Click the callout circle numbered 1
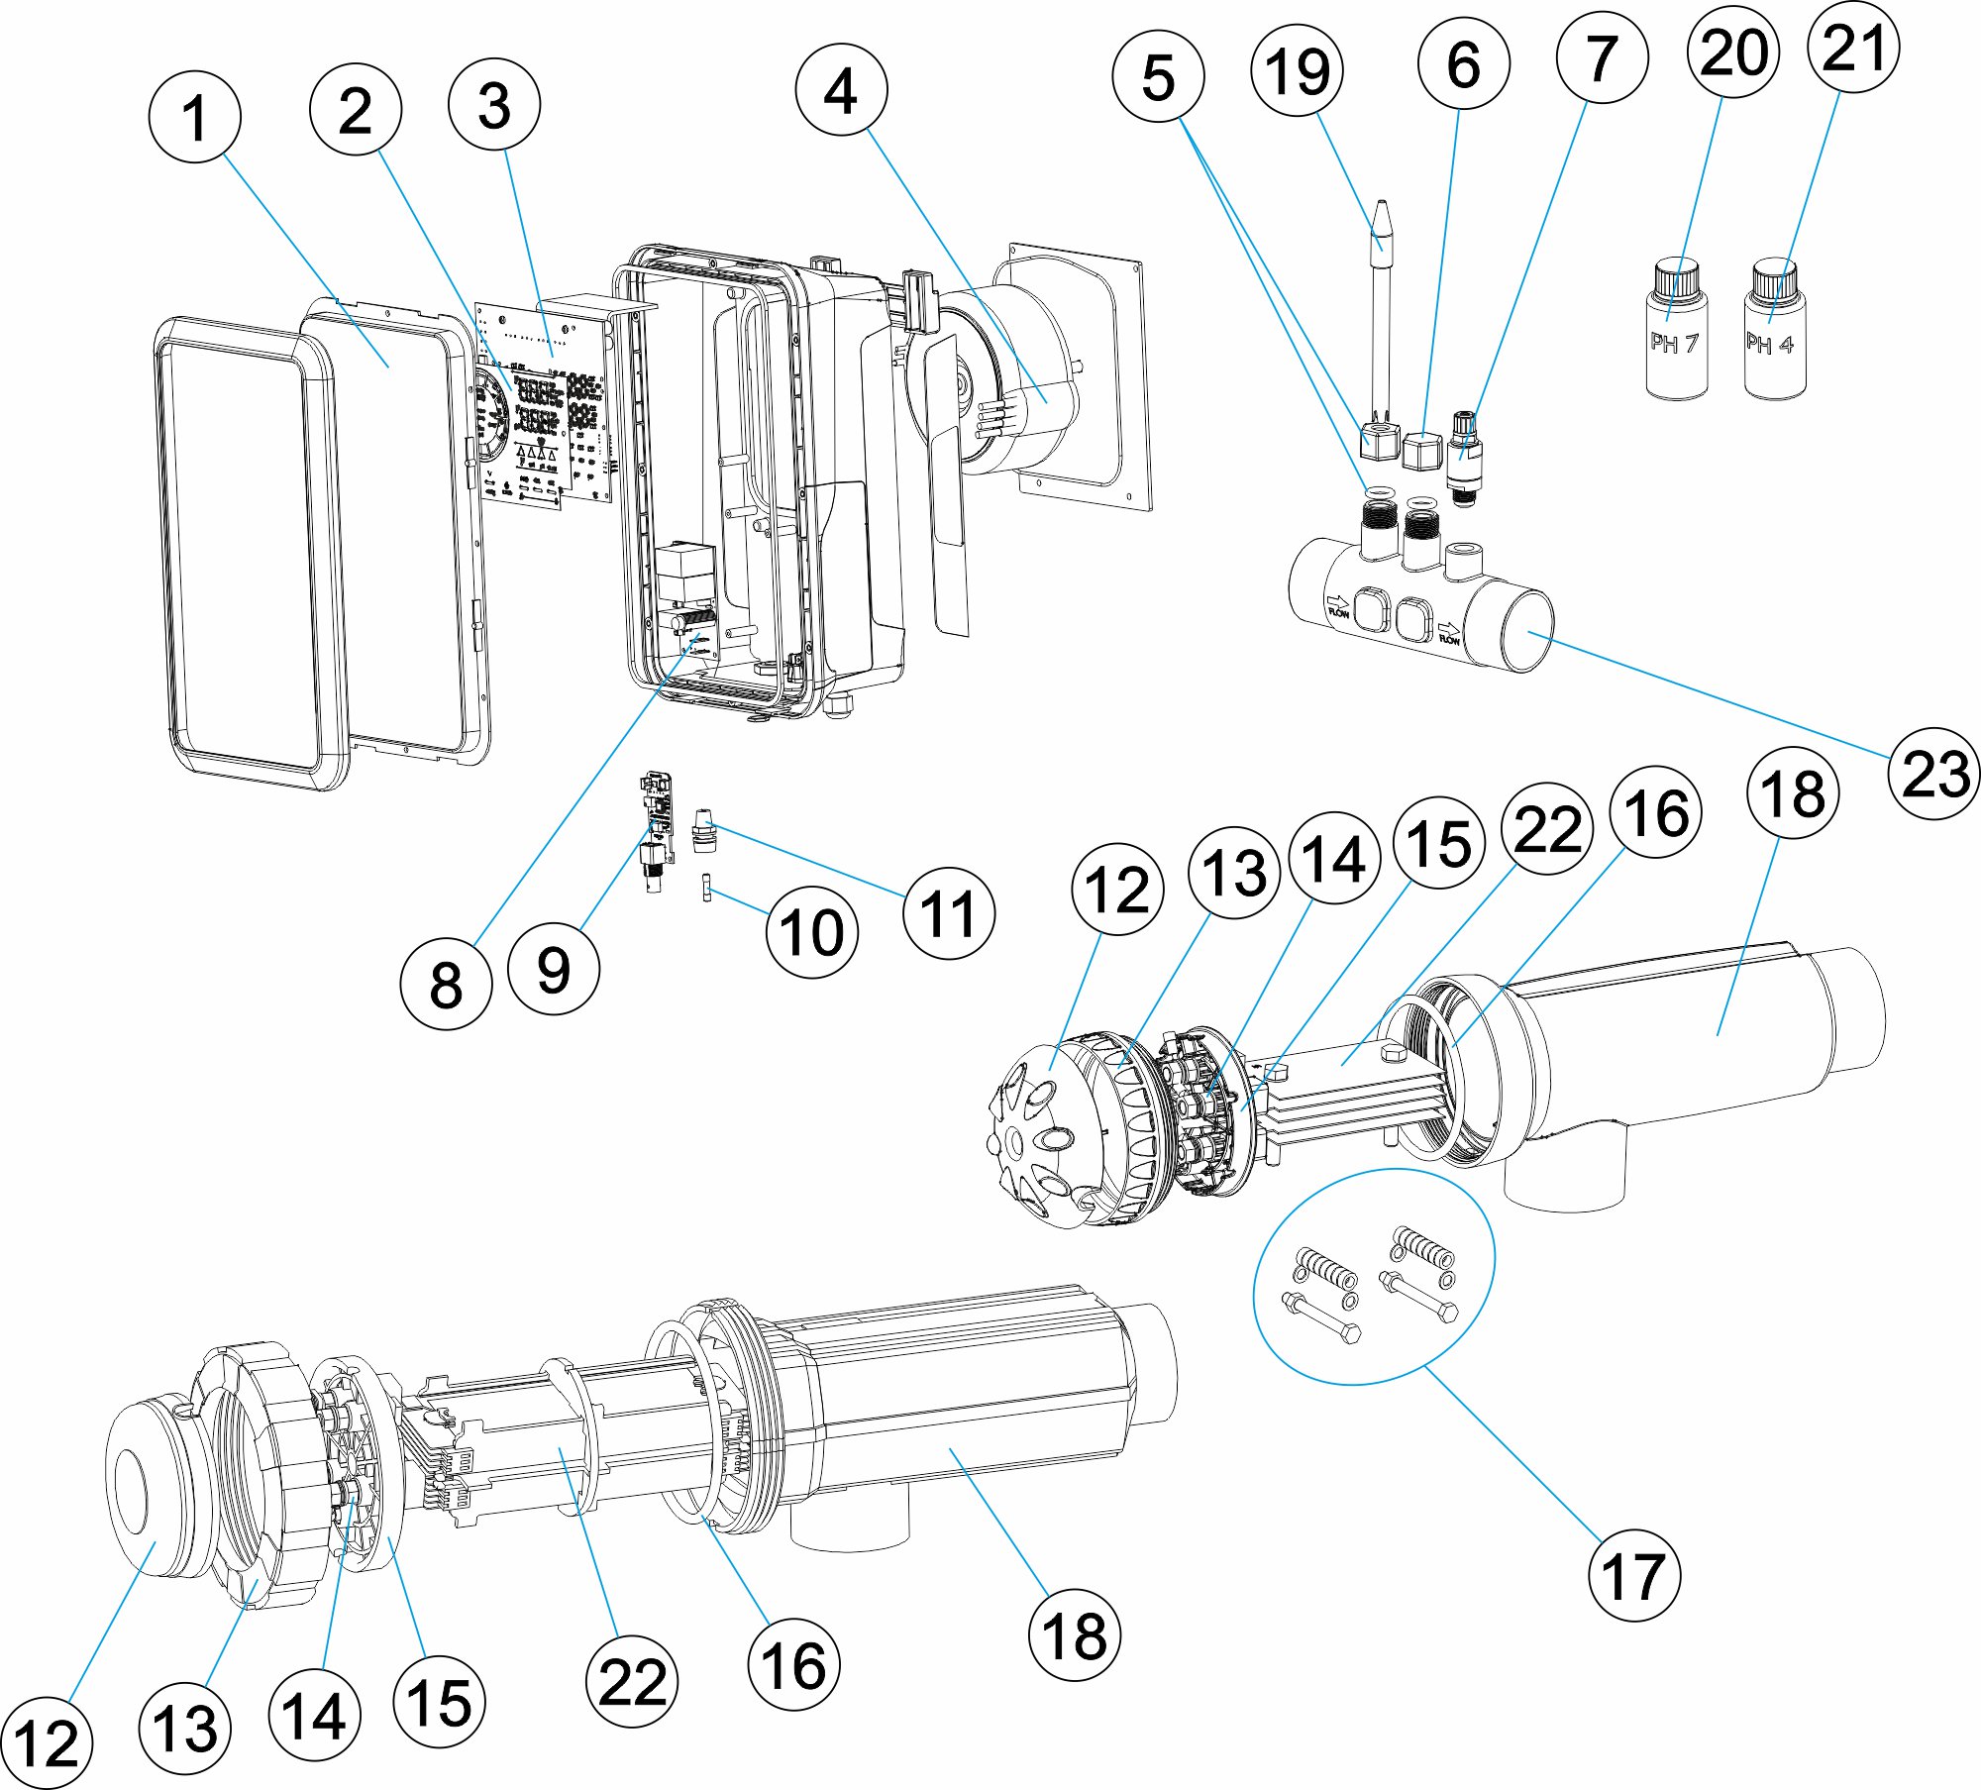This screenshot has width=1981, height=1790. pos(195,117)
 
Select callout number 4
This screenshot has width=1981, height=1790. pos(841,89)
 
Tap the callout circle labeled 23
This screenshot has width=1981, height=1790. pos(1933,773)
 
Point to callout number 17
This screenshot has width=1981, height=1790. pos(1633,1574)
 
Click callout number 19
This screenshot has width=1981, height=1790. pos(1298,70)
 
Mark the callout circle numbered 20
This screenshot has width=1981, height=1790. pos(1733,52)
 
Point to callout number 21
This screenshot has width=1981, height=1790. pos(1853,48)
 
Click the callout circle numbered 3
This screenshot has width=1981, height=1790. pos(493,104)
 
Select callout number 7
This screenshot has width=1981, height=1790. pos(1602,57)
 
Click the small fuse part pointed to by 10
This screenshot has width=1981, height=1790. pos(707,887)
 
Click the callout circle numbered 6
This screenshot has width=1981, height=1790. pos(1463,63)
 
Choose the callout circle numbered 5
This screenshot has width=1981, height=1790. pos(1158,77)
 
